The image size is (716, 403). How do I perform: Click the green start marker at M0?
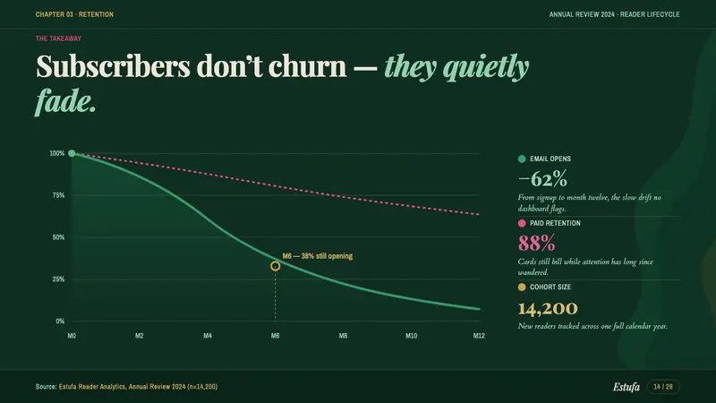(x=72, y=153)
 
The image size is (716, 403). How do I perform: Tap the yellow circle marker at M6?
(x=275, y=266)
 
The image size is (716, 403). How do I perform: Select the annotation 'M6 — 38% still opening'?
(x=318, y=256)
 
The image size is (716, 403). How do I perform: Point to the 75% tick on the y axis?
(x=57, y=195)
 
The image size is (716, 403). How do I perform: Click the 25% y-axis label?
(x=57, y=279)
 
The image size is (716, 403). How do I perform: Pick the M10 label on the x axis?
(x=411, y=335)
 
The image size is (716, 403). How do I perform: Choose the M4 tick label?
(x=208, y=335)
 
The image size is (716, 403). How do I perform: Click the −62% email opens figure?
(x=542, y=178)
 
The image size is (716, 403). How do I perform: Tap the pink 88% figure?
(x=536, y=243)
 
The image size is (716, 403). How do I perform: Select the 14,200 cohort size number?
(x=548, y=308)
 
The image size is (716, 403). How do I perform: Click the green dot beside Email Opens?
(x=522, y=159)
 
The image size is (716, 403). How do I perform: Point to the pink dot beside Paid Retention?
(x=522, y=223)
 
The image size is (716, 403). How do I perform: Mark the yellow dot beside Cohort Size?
(x=522, y=287)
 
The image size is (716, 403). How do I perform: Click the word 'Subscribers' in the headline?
(x=113, y=65)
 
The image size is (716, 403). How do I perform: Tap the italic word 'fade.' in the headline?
(x=65, y=101)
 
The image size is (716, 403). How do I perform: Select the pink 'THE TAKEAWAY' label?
(x=58, y=39)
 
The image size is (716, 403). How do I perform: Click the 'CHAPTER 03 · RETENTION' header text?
(x=74, y=14)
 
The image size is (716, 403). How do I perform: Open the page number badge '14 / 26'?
(x=663, y=387)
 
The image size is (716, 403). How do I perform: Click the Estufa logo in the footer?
(x=626, y=387)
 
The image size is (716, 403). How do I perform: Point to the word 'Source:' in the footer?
(x=47, y=387)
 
